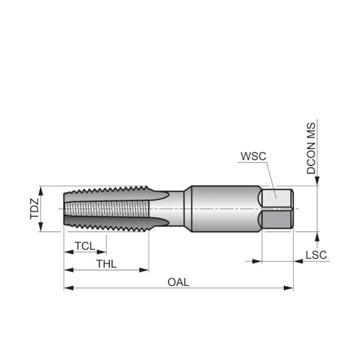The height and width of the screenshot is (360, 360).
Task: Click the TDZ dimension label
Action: point(35,209)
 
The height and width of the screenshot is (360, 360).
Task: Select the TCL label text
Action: point(85,246)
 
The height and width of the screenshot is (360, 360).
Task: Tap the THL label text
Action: point(106,264)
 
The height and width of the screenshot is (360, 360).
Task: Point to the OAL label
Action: point(178,282)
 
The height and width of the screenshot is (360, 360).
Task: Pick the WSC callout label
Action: point(253,156)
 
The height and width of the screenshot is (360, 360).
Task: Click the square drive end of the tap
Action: point(277,209)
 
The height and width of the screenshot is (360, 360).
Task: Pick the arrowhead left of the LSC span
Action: point(257,261)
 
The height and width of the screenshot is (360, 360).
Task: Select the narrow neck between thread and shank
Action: point(176,209)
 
